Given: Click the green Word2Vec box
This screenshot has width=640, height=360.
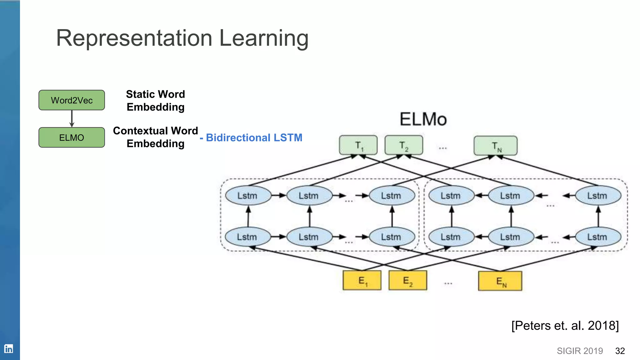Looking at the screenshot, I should (72, 100).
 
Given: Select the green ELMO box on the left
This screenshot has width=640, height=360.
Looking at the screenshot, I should (72, 137).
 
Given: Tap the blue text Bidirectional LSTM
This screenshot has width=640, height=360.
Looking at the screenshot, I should (254, 137).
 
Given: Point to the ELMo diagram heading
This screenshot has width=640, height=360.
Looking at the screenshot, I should (423, 119).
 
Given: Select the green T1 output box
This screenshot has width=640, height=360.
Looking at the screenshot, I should (358, 145).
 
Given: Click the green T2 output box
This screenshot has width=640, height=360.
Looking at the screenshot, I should (404, 145).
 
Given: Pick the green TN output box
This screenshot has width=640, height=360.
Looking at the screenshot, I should (496, 146).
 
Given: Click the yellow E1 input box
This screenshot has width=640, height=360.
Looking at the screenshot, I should (362, 281).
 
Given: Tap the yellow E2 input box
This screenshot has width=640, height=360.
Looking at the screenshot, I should (407, 281).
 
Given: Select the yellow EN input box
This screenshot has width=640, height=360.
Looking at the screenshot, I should (500, 281).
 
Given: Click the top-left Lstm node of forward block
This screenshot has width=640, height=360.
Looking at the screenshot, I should (248, 196).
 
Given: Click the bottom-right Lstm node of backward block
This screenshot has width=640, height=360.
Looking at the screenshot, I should (598, 237).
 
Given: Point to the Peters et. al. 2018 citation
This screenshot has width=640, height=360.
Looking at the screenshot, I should (565, 326).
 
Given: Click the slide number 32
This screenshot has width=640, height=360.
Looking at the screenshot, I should (620, 351).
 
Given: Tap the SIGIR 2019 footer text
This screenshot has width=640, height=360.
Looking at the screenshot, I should (580, 351).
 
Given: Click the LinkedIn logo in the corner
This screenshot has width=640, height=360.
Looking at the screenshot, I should (8, 348).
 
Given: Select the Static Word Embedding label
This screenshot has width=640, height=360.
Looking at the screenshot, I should (155, 101).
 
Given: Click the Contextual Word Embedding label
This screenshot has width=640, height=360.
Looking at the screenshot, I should (155, 137).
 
